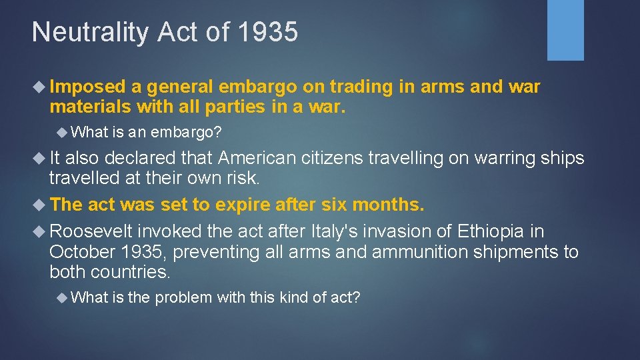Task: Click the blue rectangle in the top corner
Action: [x=565, y=30]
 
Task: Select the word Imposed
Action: [x=87, y=87]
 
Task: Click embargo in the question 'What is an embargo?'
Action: [x=186, y=132]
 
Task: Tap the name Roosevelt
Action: [x=92, y=231]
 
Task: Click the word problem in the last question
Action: [x=183, y=297]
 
